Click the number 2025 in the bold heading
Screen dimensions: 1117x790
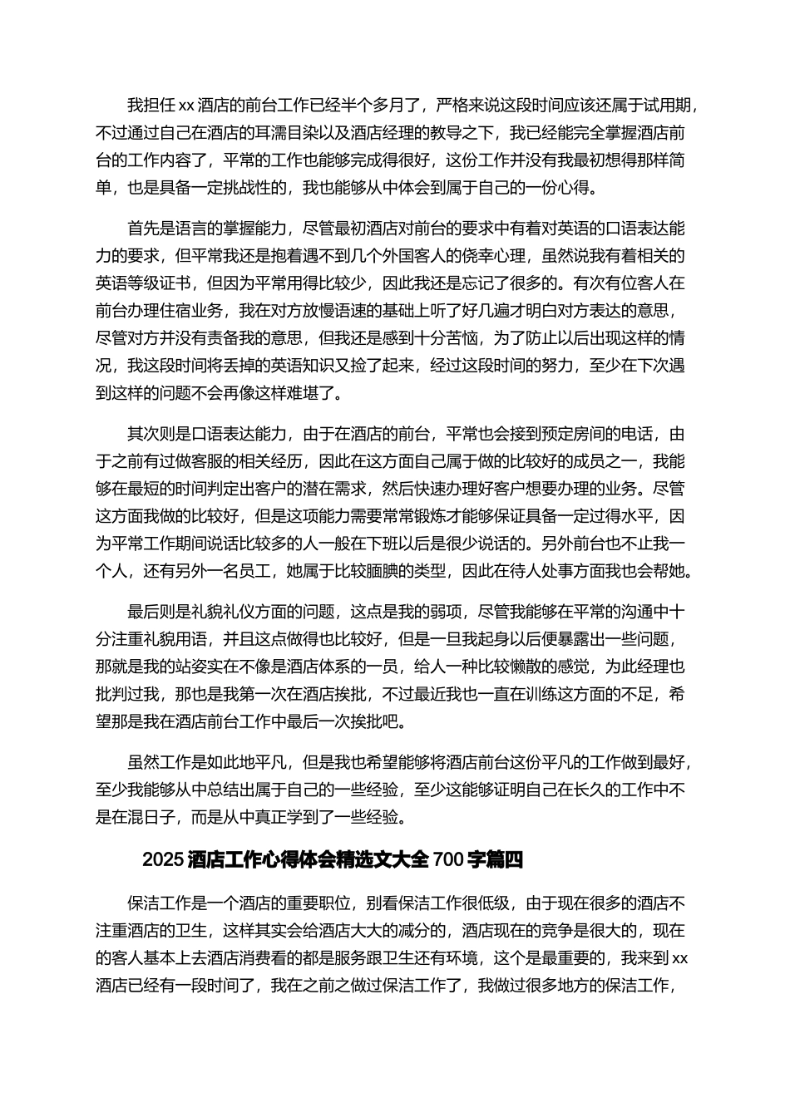163,860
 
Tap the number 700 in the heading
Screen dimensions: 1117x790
447,860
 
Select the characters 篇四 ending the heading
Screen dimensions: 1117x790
504,860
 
